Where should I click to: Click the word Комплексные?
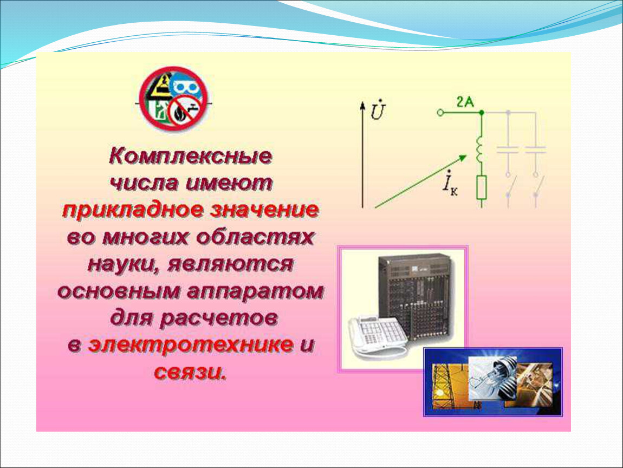coord(190,156)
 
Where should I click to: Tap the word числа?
coord(143,183)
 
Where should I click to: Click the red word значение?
coord(265,210)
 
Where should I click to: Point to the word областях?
coord(256,237)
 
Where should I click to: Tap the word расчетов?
coord(219,318)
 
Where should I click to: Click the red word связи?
coord(190,372)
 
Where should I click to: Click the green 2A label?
coord(465,102)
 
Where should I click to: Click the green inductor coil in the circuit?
coord(479,150)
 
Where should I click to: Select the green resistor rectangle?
coord(482,187)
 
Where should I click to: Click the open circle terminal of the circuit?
coord(440,113)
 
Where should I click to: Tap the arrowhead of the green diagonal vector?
coord(463,158)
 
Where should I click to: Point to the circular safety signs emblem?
coord(174,99)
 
